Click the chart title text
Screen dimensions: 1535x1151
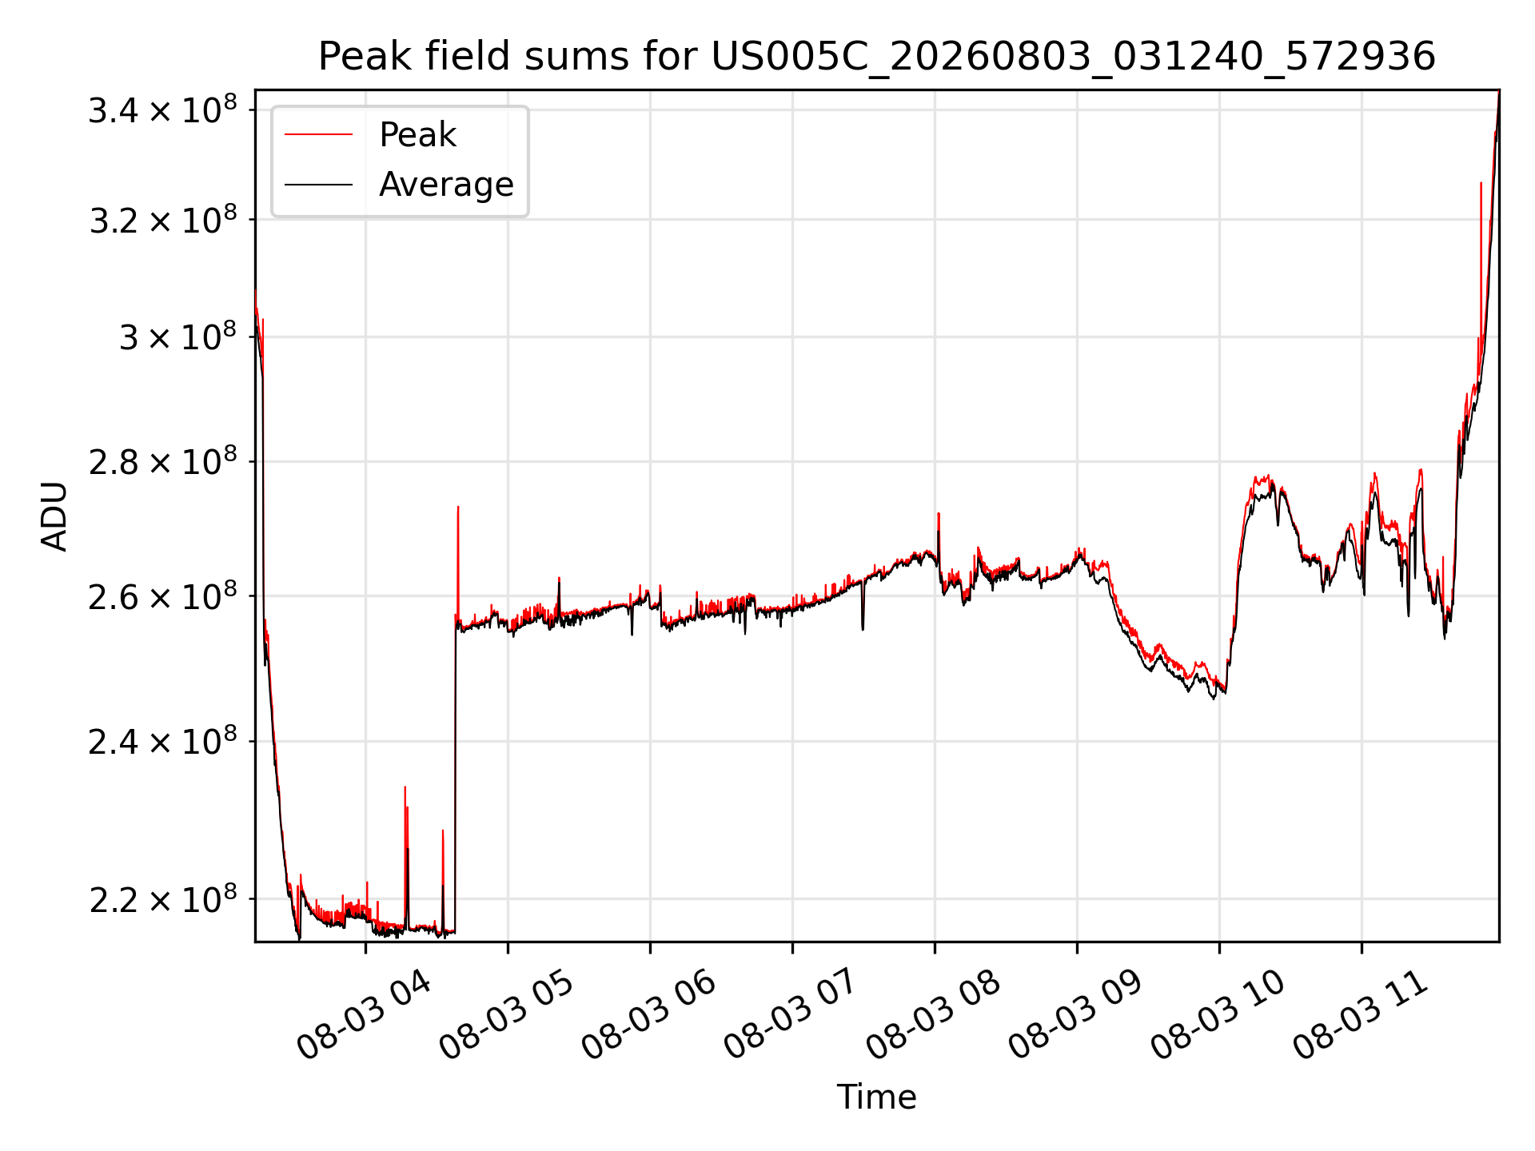[x=877, y=57]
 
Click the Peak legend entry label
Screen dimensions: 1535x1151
[x=417, y=135]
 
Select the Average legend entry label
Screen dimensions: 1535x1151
[x=446, y=185]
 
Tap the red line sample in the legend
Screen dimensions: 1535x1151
[x=318, y=134]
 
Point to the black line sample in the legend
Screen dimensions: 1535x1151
[x=318, y=185]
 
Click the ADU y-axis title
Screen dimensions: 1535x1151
[x=54, y=516]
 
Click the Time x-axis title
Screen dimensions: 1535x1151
[x=876, y=1097]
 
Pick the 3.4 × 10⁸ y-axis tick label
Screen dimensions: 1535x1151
[x=163, y=110]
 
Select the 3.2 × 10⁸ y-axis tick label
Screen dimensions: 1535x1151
[x=163, y=219]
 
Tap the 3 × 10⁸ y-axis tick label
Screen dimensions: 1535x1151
[x=178, y=337]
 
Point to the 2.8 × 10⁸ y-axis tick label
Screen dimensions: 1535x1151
[x=163, y=462]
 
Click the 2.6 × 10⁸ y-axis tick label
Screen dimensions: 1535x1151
[x=163, y=596]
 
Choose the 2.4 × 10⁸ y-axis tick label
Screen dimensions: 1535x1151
[x=163, y=742]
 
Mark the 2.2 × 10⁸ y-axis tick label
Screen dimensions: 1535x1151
[x=163, y=899]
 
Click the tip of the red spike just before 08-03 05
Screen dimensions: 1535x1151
[x=458, y=507]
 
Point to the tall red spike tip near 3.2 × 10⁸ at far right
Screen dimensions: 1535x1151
[x=1481, y=183]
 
